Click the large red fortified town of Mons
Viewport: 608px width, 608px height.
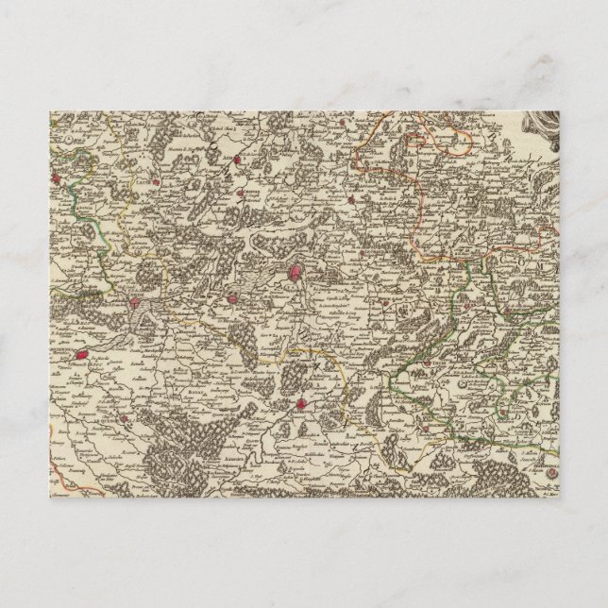(295, 274)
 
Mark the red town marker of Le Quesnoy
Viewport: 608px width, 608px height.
(82, 358)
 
